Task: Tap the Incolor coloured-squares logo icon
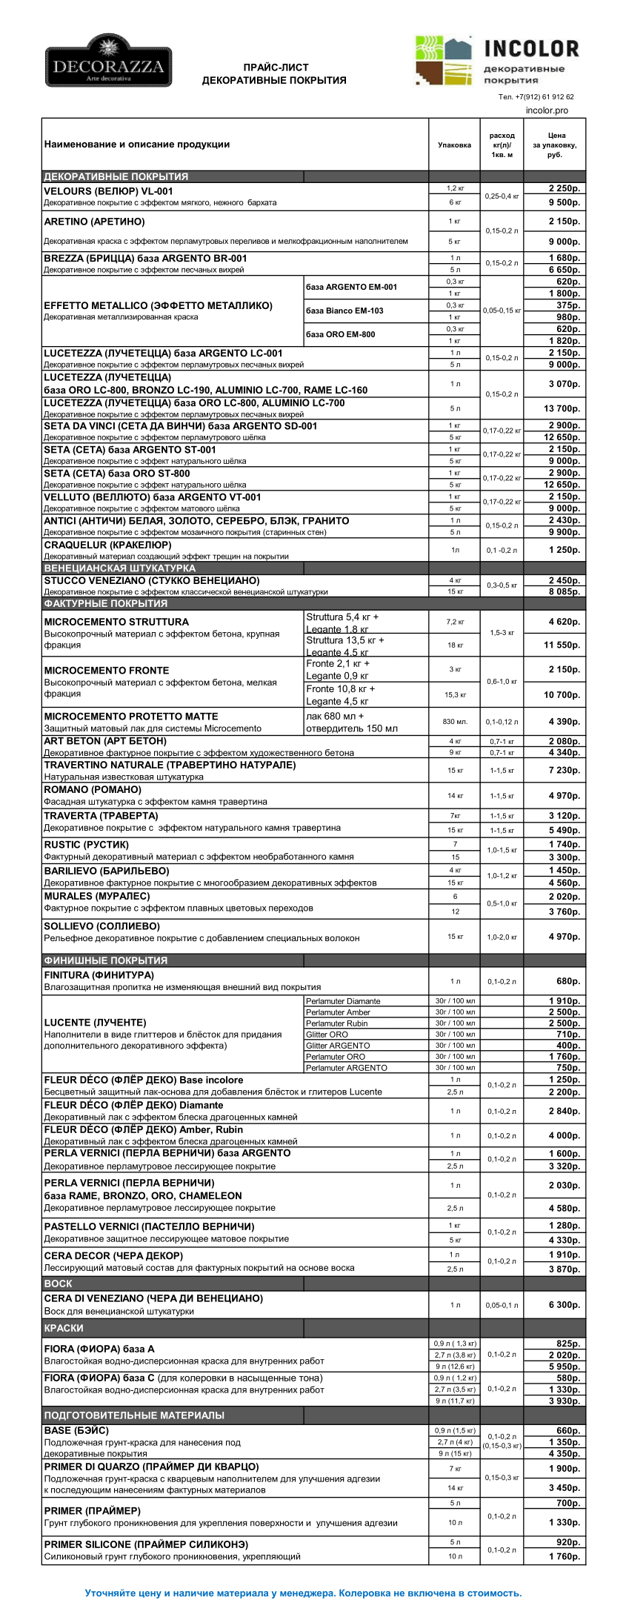coord(443,61)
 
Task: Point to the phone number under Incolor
coord(536,97)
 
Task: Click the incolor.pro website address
coord(547,110)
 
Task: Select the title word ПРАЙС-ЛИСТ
coord(276,67)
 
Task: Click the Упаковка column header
coord(454,145)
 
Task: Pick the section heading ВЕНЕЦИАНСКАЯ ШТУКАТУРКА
coord(120,568)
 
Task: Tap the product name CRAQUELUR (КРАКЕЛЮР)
coord(107,545)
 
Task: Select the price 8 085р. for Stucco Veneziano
coord(564,591)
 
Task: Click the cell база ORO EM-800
coord(341,334)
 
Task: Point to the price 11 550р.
coord(562,645)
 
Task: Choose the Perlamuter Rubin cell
coord(336,1023)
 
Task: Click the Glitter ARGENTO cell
coord(338,1046)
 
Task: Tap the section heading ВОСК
coord(58,1284)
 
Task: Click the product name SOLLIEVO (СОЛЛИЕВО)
coord(101,926)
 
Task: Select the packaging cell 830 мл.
coord(455,722)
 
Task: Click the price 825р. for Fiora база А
coord(567,1344)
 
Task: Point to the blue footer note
coord(303,1593)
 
